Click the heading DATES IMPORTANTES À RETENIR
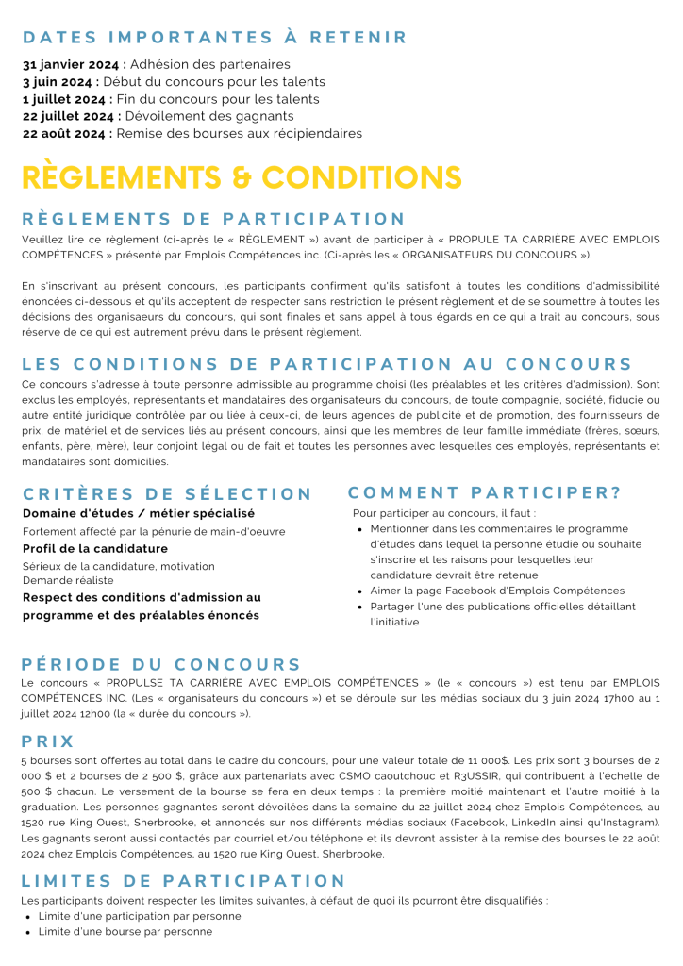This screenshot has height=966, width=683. pyautogui.click(x=215, y=38)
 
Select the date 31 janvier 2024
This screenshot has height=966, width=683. pyautogui.click(x=72, y=65)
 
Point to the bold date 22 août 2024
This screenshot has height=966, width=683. pyautogui.click(x=66, y=134)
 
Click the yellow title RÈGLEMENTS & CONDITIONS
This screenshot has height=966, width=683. pyautogui.click(x=242, y=177)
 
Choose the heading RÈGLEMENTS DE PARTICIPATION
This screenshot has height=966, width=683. pyautogui.click(x=214, y=219)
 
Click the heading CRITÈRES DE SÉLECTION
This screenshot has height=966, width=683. pyautogui.click(x=167, y=493)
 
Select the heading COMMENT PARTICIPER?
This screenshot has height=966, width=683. pyautogui.click(x=485, y=492)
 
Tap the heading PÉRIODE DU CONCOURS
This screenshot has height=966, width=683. pyautogui.click(x=161, y=664)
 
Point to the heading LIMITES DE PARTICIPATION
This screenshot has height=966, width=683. pyautogui.click(x=184, y=881)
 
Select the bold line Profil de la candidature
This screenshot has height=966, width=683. pyautogui.click(x=95, y=549)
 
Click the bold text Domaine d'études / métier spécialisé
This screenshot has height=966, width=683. pyautogui.click(x=139, y=513)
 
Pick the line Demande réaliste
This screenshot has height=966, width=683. pyautogui.click(x=68, y=580)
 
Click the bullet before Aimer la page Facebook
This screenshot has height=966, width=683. pyautogui.click(x=361, y=591)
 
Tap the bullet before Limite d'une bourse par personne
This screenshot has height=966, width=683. pyautogui.click(x=28, y=932)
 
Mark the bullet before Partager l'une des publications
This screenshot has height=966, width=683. pyautogui.click(x=361, y=607)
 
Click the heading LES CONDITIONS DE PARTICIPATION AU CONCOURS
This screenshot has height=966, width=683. pyautogui.click(x=327, y=364)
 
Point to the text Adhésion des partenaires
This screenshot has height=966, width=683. pyautogui.click(x=209, y=65)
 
